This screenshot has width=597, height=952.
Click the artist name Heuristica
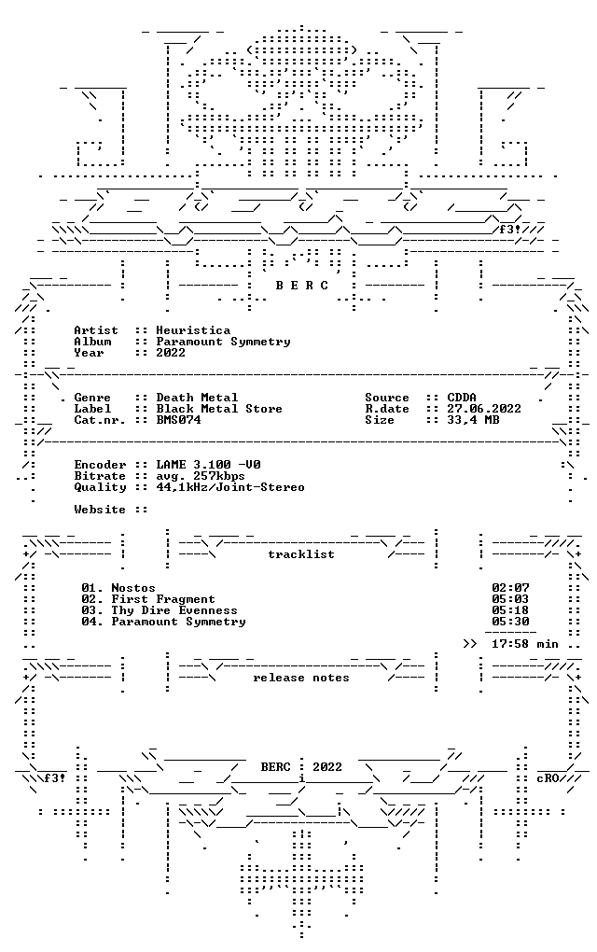pos(193,330)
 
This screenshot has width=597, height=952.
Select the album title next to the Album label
pos(223,342)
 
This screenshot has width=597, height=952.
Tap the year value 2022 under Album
pos(171,353)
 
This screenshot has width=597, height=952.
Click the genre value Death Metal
pos(197,398)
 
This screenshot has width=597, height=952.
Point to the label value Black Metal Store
pos(219,409)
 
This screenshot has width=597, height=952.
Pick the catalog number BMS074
pos(178,420)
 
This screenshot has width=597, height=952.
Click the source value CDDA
pos(462,398)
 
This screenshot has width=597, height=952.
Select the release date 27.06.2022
pos(484,409)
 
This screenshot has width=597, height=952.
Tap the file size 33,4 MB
pos(473,420)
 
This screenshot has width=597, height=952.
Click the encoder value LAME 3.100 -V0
pos(208,465)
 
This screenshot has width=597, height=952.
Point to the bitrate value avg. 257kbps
pos(201,476)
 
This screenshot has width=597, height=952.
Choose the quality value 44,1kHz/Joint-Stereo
pos(230,487)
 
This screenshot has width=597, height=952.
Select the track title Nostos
pos(133,588)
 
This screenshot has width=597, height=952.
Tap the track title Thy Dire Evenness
pos(174,610)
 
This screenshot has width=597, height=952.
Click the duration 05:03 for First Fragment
pos(510,599)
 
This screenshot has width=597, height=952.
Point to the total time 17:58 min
pos(525,644)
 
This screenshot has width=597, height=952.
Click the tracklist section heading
pos(301,554)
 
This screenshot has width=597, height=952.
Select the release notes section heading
pos(301,678)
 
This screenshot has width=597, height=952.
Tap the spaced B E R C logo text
pos(301,286)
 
